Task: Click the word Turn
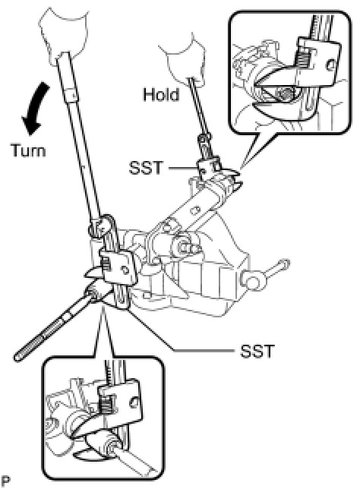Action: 28,150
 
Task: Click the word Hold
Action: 161,94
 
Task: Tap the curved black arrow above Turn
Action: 35,109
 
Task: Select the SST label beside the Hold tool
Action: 146,168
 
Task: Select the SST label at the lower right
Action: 257,351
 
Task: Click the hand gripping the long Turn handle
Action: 63,34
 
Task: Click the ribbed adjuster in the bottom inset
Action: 106,407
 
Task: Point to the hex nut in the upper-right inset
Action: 286,93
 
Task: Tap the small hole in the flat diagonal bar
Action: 195,210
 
